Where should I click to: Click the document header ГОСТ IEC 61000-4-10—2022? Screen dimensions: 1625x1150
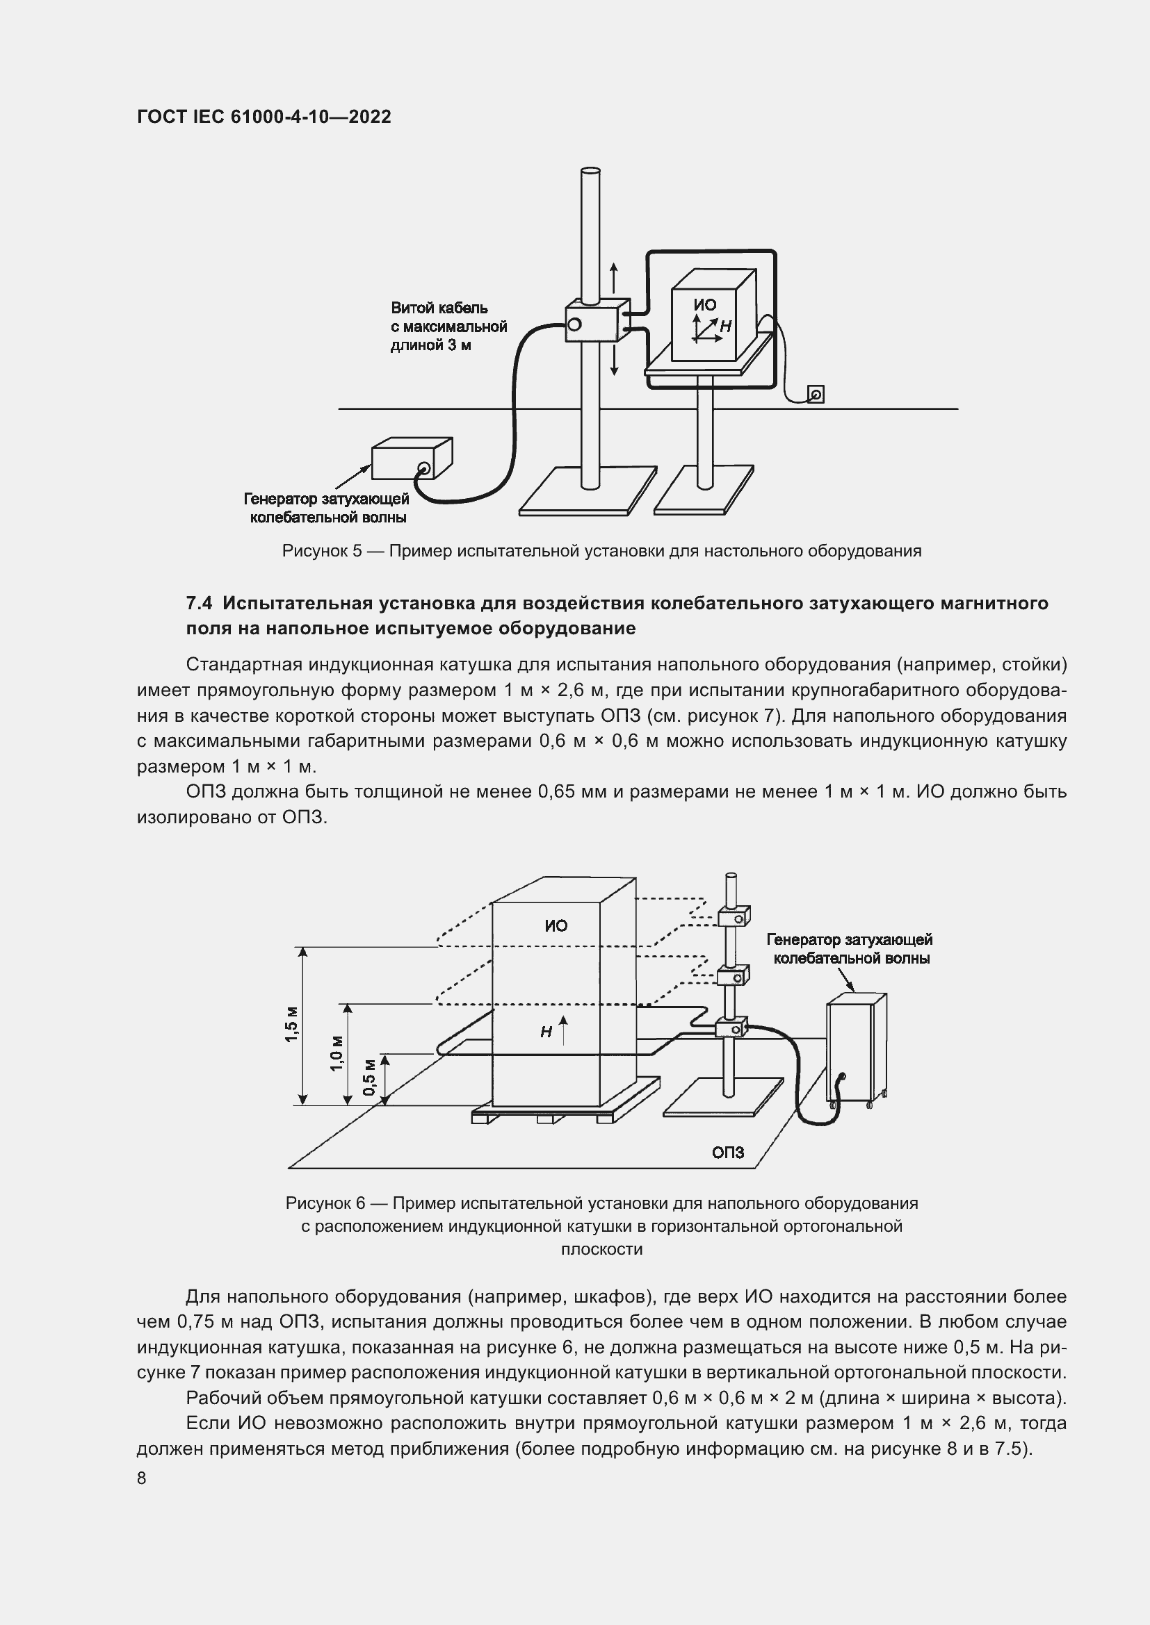coord(264,117)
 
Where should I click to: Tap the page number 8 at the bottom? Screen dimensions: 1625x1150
coord(142,1478)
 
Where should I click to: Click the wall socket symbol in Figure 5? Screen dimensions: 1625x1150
coord(816,394)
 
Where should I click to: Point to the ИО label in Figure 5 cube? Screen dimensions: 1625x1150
coord(704,305)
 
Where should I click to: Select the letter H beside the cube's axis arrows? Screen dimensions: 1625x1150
coord(725,327)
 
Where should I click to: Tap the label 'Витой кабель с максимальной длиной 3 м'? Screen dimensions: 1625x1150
coord(448,327)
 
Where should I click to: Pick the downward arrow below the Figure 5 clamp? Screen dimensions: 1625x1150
coord(614,358)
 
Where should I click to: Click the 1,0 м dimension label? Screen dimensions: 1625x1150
coord(337,1053)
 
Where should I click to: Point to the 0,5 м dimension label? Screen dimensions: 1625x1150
coord(369,1078)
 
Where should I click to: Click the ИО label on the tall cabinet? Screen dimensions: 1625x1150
coord(556,925)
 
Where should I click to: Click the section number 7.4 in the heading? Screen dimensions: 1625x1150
coord(199,603)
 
